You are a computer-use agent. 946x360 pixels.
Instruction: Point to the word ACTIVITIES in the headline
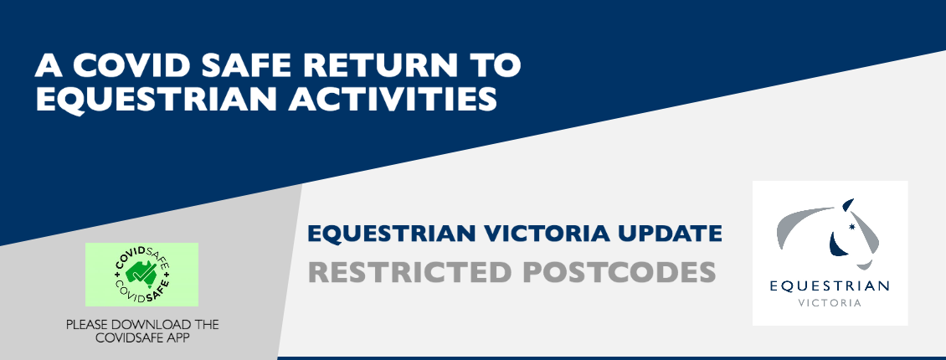pos(393,99)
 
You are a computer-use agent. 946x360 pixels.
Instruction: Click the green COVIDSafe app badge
pos(141,275)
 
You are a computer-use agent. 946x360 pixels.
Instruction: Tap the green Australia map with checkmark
pos(142,274)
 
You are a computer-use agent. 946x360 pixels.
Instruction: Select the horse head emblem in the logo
pos(828,234)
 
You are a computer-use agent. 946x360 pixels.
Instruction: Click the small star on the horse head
pos(852,227)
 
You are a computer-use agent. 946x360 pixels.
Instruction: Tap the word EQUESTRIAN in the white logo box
pos(830,286)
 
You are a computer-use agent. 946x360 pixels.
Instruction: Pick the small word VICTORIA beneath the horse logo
pos(830,303)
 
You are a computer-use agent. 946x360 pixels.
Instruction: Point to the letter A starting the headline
pos(49,65)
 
